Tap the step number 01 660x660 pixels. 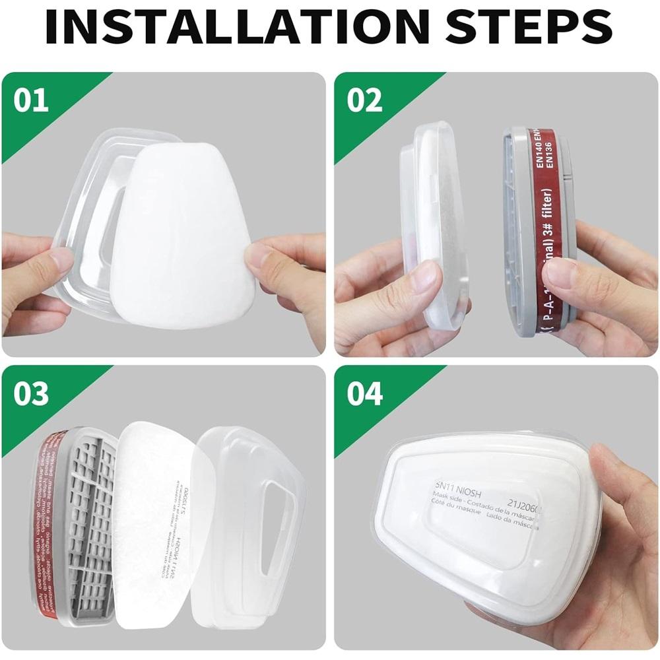coord(31,101)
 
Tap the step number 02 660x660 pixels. coord(364,101)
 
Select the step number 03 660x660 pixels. coord(31,394)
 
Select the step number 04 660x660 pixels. coord(364,394)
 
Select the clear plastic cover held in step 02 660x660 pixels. coord(432,224)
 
